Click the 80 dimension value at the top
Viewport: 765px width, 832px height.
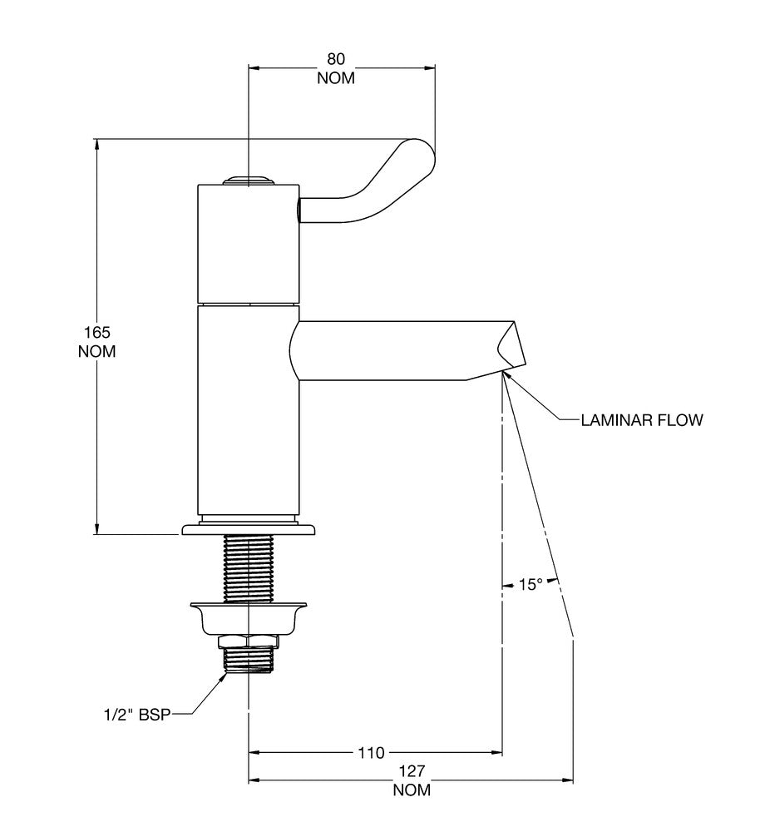(x=336, y=58)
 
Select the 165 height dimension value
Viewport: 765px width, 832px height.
(x=97, y=333)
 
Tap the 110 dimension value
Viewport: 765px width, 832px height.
(x=371, y=752)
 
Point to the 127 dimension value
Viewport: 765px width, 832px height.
(x=412, y=770)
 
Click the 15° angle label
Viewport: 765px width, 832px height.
(x=531, y=585)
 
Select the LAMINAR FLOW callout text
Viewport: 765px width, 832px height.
(x=641, y=420)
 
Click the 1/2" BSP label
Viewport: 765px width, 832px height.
(x=137, y=715)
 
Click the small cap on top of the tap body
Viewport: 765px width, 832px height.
(x=249, y=181)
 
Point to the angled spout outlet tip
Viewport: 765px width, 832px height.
(x=511, y=348)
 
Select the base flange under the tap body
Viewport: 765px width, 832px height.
(x=249, y=529)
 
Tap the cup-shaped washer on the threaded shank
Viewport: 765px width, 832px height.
(x=249, y=617)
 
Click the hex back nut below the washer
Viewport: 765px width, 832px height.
(x=249, y=641)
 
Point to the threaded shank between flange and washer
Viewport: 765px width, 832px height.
(x=249, y=568)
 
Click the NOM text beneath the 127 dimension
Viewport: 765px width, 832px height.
(x=412, y=790)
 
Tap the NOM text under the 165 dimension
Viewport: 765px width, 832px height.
(x=97, y=351)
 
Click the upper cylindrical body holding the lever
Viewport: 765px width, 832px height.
(x=249, y=244)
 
